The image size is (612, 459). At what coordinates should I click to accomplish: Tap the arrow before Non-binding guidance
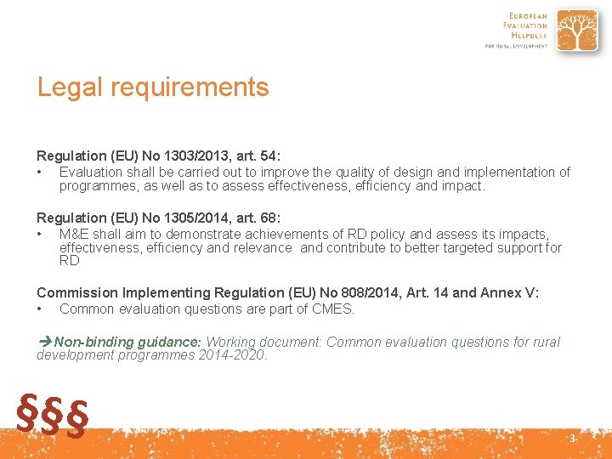45,342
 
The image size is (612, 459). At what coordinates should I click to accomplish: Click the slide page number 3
572,439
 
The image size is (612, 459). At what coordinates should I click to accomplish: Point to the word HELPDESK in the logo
528,34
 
